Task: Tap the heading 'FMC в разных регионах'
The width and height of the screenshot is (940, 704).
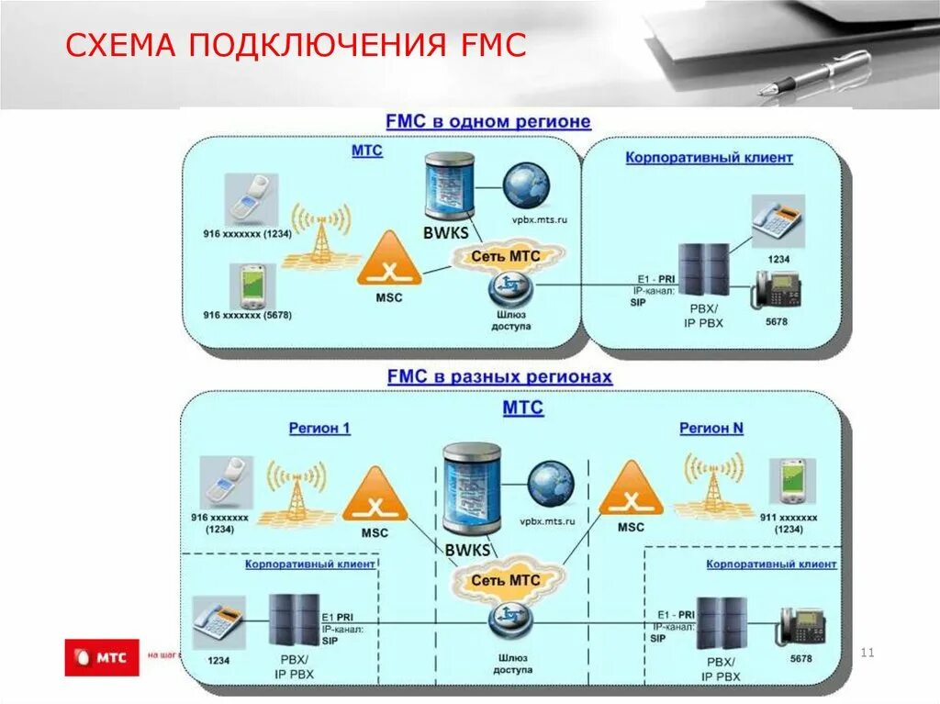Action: (499, 376)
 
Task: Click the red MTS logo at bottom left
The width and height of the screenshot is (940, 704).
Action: (101, 657)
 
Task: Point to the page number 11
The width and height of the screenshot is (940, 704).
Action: (867, 653)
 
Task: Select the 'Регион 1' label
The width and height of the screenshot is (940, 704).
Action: (319, 429)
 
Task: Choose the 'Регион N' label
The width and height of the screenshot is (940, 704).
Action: (711, 429)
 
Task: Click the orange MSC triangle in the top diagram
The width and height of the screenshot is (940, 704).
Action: (390, 260)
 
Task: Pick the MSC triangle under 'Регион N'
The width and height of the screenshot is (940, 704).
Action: (631, 489)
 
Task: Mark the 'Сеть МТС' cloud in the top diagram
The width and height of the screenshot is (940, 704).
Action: (506, 256)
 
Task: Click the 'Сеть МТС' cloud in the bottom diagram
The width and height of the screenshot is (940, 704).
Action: (505, 580)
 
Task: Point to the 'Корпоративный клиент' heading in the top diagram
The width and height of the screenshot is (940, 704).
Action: (709, 158)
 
